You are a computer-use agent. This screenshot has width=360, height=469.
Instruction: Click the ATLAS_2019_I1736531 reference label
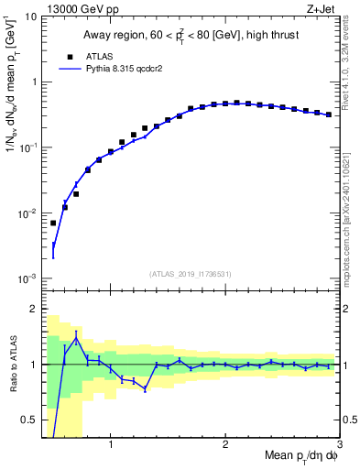191,274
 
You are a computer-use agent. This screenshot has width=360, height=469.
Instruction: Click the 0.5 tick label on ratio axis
27,420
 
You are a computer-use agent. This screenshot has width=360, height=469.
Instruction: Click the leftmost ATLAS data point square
53,223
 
